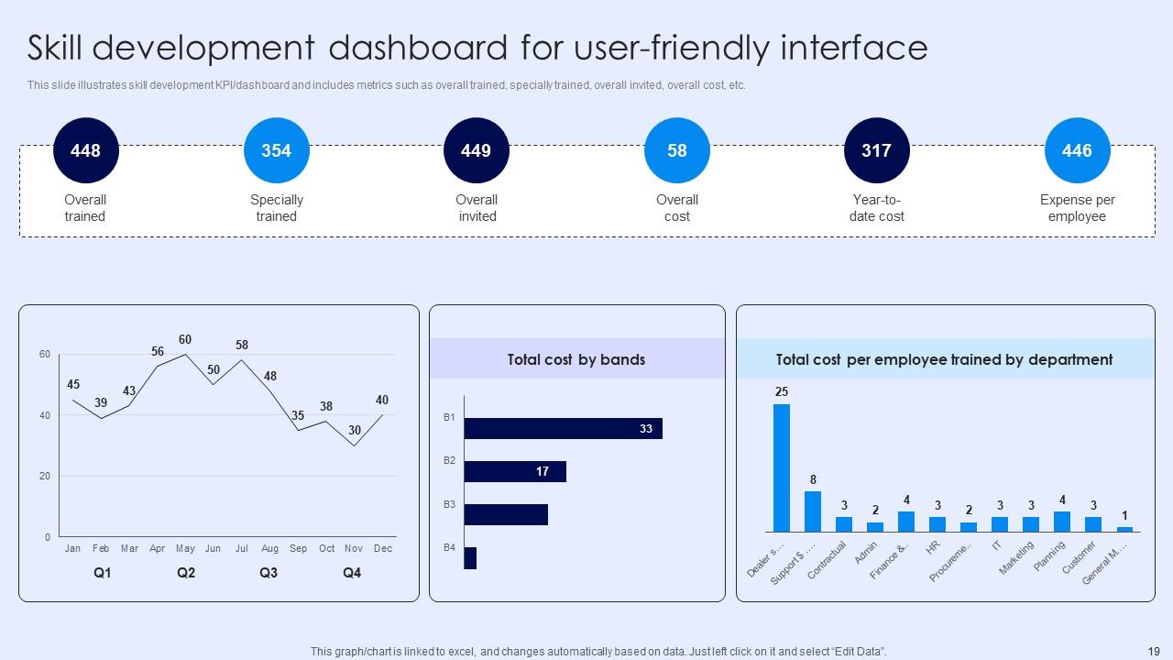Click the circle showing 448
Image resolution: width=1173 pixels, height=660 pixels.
[x=86, y=150]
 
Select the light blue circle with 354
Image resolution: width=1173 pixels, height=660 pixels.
[x=277, y=150]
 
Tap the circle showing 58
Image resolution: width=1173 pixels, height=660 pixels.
[x=677, y=150]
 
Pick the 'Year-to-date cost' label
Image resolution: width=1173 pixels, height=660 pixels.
[x=877, y=208]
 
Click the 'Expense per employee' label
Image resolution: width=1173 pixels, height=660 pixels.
[x=1077, y=208]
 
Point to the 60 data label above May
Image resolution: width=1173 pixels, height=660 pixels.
[x=185, y=340]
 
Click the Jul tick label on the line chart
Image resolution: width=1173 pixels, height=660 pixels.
[x=241, y=548]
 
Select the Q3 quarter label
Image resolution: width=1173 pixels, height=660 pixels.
[x=269, y=573]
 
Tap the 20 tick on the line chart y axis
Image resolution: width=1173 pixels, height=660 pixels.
[x=45, y=477]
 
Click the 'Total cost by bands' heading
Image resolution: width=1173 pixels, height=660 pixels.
[x=576, y=359]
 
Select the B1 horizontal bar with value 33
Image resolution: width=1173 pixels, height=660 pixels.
[x=563, y=428]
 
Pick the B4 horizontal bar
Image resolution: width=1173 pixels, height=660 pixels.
[x=470, y=558]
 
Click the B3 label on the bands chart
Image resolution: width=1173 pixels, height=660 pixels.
[x=449, y=504]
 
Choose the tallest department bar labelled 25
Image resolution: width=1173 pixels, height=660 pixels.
[x=782, y=467]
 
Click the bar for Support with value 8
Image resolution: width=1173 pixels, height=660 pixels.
[x=813, y=511]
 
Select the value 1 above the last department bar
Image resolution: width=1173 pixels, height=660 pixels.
[x=1124, y=516]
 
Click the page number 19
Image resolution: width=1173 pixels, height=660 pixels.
[x=1153, y=651]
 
